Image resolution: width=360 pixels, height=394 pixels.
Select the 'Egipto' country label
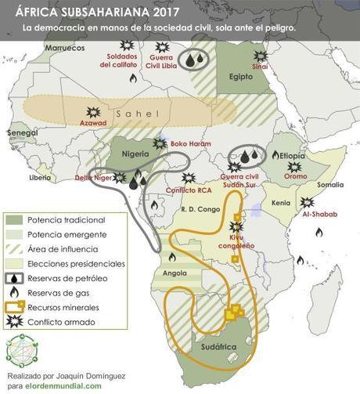click(242, 78)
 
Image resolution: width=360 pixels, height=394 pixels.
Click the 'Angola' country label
click(174, 273)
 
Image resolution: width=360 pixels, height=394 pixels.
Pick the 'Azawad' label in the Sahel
click(92, 123)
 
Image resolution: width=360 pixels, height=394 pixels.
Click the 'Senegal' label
click(22, 134)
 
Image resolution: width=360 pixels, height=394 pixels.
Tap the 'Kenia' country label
click(280, 203)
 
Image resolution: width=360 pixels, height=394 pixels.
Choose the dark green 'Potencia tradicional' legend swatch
click(13, 220)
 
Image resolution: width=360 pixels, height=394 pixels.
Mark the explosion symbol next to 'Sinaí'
click(261, 57)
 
